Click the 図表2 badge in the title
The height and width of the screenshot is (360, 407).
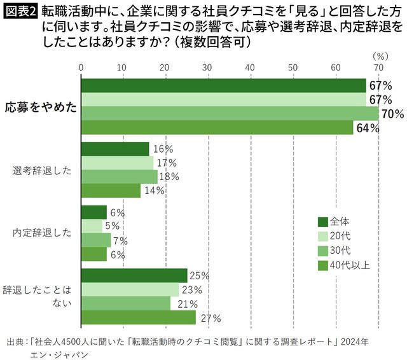pos(20,11)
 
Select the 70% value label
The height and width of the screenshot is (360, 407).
pos(392,114)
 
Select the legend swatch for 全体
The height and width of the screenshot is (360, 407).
pos(322,222)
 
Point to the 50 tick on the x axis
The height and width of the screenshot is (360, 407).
pos(293,67)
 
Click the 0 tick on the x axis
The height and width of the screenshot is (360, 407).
pos(81,67)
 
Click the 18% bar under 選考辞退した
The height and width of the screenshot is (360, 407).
pos(119,177)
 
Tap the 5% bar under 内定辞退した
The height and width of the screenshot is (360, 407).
pos(92,226)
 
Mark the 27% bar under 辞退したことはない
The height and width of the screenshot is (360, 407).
pos(138,317)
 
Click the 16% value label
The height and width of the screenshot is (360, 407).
pos(163,149)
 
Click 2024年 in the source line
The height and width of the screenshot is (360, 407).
pos(354,342)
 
